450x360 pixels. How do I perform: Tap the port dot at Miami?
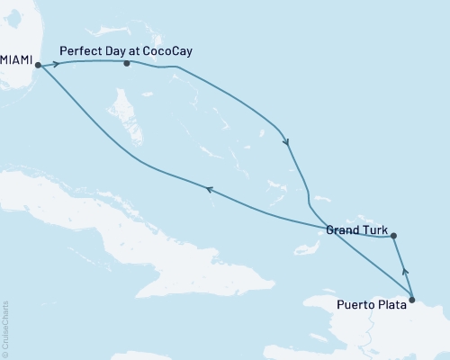[x=38, y=65]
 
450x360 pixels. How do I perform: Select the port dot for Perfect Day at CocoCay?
[x=127, y=64]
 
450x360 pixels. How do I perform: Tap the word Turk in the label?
[x=374, y=230]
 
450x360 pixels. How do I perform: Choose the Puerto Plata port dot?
[x=412, y=300]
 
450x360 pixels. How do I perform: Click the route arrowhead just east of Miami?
[x=56, y=64]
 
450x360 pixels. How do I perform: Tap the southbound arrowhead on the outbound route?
[x=286, y=140]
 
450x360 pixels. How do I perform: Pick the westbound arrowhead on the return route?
[x=209, y=189]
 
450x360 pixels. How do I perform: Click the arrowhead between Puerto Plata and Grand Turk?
[x=404, y=268]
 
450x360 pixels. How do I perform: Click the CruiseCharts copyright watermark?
[x=5, y=329]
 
